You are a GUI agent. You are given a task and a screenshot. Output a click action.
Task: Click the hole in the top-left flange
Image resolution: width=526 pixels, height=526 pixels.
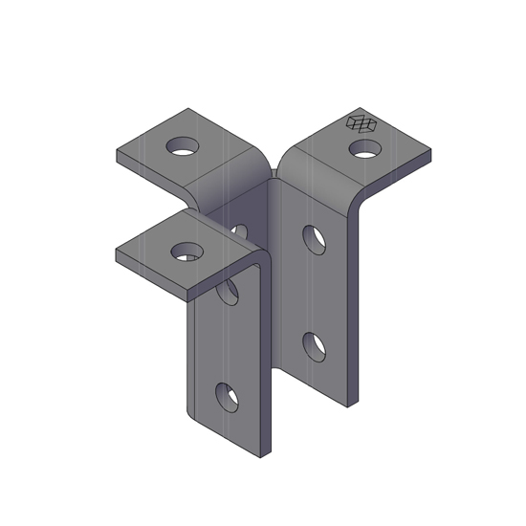coord(184,147)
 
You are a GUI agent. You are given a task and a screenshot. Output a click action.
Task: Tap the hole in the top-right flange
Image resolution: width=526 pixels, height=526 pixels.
coord(365,148)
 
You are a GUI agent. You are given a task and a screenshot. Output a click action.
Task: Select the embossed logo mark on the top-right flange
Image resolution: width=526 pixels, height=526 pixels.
coord(362,122)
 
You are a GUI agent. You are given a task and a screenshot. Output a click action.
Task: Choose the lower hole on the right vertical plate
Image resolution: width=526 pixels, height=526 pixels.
coord(315,346)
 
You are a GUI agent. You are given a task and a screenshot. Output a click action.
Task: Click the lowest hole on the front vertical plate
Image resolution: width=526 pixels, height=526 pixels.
coord(227,396)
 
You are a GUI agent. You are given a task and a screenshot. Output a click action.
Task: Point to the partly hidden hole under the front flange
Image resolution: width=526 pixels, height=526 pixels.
coord(228,292)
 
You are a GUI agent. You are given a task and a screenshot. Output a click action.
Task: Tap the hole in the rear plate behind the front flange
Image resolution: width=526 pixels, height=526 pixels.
coord(239,231)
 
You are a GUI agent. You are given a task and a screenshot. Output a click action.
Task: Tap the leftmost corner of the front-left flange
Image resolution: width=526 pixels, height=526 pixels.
coord(117,252)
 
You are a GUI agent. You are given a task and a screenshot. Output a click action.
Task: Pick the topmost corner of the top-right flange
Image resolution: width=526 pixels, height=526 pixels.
coord(361,108)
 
